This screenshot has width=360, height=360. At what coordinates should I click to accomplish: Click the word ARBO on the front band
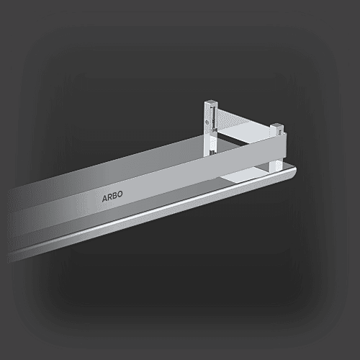coord(112,197)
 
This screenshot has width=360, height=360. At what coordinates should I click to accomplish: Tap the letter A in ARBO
coord(104,198)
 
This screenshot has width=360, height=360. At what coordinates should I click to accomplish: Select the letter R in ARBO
coord(109,197)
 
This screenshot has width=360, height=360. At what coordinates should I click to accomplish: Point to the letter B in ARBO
coord(114,195)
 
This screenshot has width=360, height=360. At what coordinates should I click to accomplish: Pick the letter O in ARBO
coord(120,194)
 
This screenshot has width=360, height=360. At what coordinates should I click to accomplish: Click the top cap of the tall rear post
coord(212,102)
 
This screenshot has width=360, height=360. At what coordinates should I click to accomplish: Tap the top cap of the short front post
coord(277,126)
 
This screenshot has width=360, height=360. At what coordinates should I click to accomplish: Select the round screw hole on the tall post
coord(207,122)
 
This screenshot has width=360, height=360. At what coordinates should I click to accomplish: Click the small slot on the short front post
coord(279,132)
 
